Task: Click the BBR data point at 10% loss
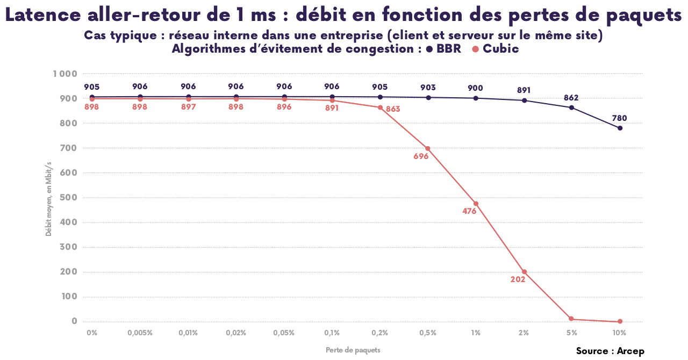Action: (x=620, y=128)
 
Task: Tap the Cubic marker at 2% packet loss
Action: (x=524, y=271)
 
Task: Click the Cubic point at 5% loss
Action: (x=571, y=319)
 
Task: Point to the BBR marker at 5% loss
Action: (x=571, y=107)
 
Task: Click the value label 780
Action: (x=619, y=118)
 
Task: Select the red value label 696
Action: (x=421, y=157)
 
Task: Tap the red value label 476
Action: (x=469, y=211)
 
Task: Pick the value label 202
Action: (x=518, y=279)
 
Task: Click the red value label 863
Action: (x=393, y=109)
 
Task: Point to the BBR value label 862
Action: (x=571, y=98)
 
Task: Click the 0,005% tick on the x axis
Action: (x=140, y=333)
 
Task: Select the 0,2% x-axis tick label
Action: (x=379, y=333)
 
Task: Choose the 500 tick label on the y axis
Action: (x=68, y=198)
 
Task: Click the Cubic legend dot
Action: (x=475, y=49)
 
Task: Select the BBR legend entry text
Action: (x=449, y=49)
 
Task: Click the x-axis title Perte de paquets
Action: (x=353, y=350)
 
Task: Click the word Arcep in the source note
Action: (x=630, y=351)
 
